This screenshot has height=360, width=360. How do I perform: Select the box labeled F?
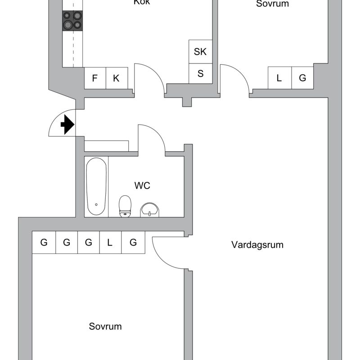pos(95,78)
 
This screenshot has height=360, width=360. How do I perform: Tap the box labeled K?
pos(117,78)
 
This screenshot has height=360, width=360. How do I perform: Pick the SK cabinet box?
pos(200,52)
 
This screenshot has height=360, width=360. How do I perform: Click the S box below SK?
pos(200,73)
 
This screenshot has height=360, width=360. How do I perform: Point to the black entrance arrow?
pos(67,125)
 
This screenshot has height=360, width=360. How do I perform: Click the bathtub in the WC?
pos(96,186)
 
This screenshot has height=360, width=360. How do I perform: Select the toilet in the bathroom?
pos(125,206)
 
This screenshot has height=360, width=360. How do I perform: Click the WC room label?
pos(142,185)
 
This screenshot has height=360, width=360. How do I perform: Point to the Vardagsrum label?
pos(257,245)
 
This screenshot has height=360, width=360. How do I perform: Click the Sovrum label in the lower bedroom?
pos(105,326)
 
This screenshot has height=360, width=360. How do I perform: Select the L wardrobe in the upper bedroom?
pos(279,78)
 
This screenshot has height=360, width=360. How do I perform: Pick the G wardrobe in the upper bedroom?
pos(303,78)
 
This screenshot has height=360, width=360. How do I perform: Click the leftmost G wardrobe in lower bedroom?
pos(44,243)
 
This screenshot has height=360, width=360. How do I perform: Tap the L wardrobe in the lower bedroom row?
pos(110,243)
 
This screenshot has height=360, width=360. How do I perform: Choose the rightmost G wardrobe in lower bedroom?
pos(133,243)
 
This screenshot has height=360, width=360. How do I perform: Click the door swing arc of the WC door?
pos(153,135)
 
